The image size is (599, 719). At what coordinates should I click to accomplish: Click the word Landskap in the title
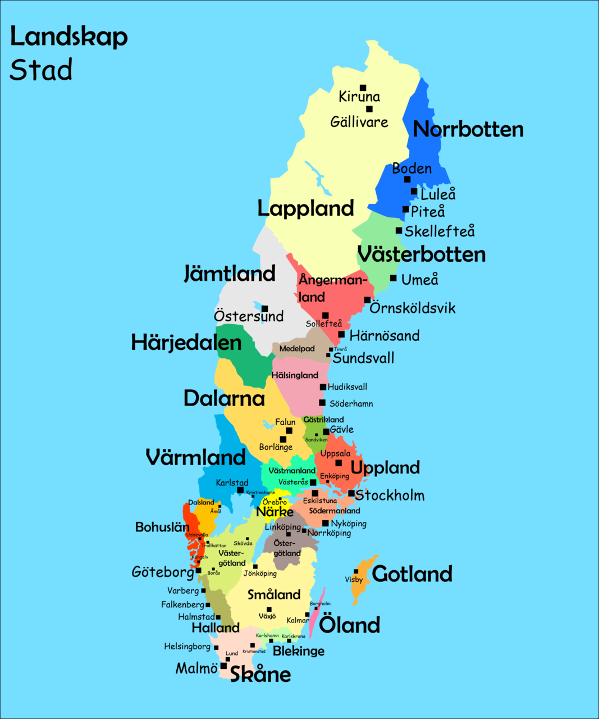[x=68, y=37]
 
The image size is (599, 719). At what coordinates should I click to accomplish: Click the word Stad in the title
[x=41, y=70]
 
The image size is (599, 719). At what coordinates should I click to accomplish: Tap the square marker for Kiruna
[x=363, y=88]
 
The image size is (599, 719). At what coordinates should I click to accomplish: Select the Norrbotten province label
[x=468, y=129]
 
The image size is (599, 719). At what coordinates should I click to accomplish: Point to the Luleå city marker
[x=414, y=192]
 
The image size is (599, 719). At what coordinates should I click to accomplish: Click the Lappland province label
[x=305, y=208]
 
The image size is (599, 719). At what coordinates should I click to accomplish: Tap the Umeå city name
[x=419, y=279]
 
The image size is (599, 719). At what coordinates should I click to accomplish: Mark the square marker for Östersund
[x=264, y=308]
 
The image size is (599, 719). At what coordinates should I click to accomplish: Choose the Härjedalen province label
[x=186, y=343]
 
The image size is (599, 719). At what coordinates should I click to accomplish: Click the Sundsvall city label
[x=364, y=358]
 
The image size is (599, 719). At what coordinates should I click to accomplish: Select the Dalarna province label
[x=224, y=398]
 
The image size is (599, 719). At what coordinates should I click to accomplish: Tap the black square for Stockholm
[x=351, y=494]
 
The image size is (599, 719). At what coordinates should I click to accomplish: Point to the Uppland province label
[x=385, y=467]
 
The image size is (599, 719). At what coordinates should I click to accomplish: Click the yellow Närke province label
[x=275, y=512]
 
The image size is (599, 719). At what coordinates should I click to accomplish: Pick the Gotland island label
[x=412, y=574]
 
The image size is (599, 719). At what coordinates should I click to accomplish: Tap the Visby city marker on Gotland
[x=356, y=571]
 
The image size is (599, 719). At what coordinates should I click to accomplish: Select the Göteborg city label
[x=163, y=572]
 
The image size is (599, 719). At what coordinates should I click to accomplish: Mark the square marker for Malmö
[x=223, y=666]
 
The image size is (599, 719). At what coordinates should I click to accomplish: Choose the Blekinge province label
[x=299, y=651]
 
